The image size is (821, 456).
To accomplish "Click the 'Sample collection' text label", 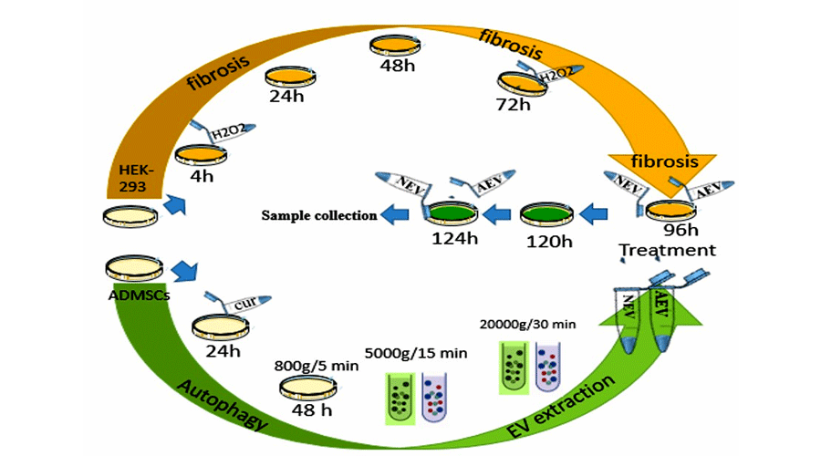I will (x=318, y=216).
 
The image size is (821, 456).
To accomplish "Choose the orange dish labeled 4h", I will (x=201, y=156).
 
